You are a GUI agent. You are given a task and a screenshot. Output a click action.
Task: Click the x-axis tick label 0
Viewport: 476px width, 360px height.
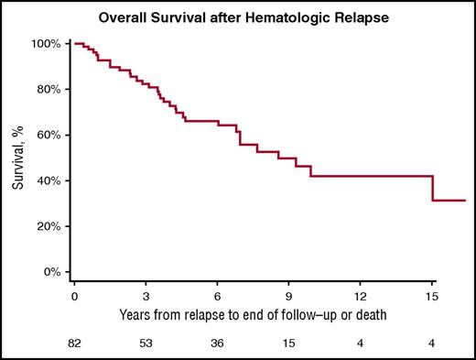coord(74,298)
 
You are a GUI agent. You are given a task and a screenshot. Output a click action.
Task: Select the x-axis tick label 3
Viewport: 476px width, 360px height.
coord(146,298)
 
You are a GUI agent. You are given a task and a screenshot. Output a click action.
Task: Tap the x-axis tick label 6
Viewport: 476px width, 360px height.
coord(217,298)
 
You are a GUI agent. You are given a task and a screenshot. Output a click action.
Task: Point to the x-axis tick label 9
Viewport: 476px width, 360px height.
coord(288,298)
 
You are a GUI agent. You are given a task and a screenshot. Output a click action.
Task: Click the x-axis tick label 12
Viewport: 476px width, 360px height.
coord(361,298)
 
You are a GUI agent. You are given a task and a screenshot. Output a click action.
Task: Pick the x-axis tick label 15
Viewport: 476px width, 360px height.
coord(432,298)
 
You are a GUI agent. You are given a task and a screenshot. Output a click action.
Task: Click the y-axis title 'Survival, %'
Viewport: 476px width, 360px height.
coord(17,158)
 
